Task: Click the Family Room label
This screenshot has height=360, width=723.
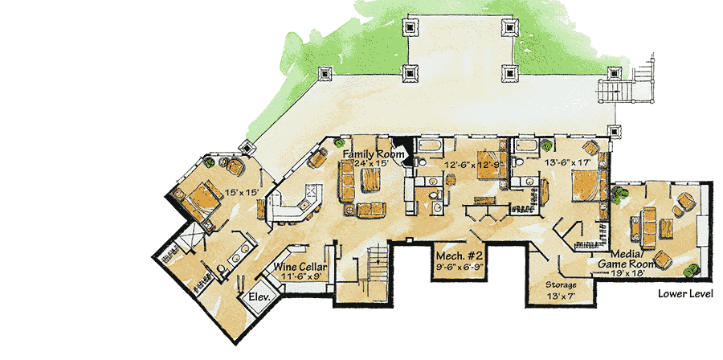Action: click(374, 154)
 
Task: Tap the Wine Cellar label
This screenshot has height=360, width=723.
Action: click(300, 267)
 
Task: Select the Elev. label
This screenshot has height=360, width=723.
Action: click(259, 297)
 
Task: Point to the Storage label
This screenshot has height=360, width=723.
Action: click(561, 284)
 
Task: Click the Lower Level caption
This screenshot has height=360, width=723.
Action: click(685, 293)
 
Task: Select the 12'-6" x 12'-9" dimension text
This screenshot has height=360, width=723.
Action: click(472, 164)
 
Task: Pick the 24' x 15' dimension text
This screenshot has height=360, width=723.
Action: click(372, 163)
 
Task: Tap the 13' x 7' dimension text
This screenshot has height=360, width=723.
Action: click(561, 297)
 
